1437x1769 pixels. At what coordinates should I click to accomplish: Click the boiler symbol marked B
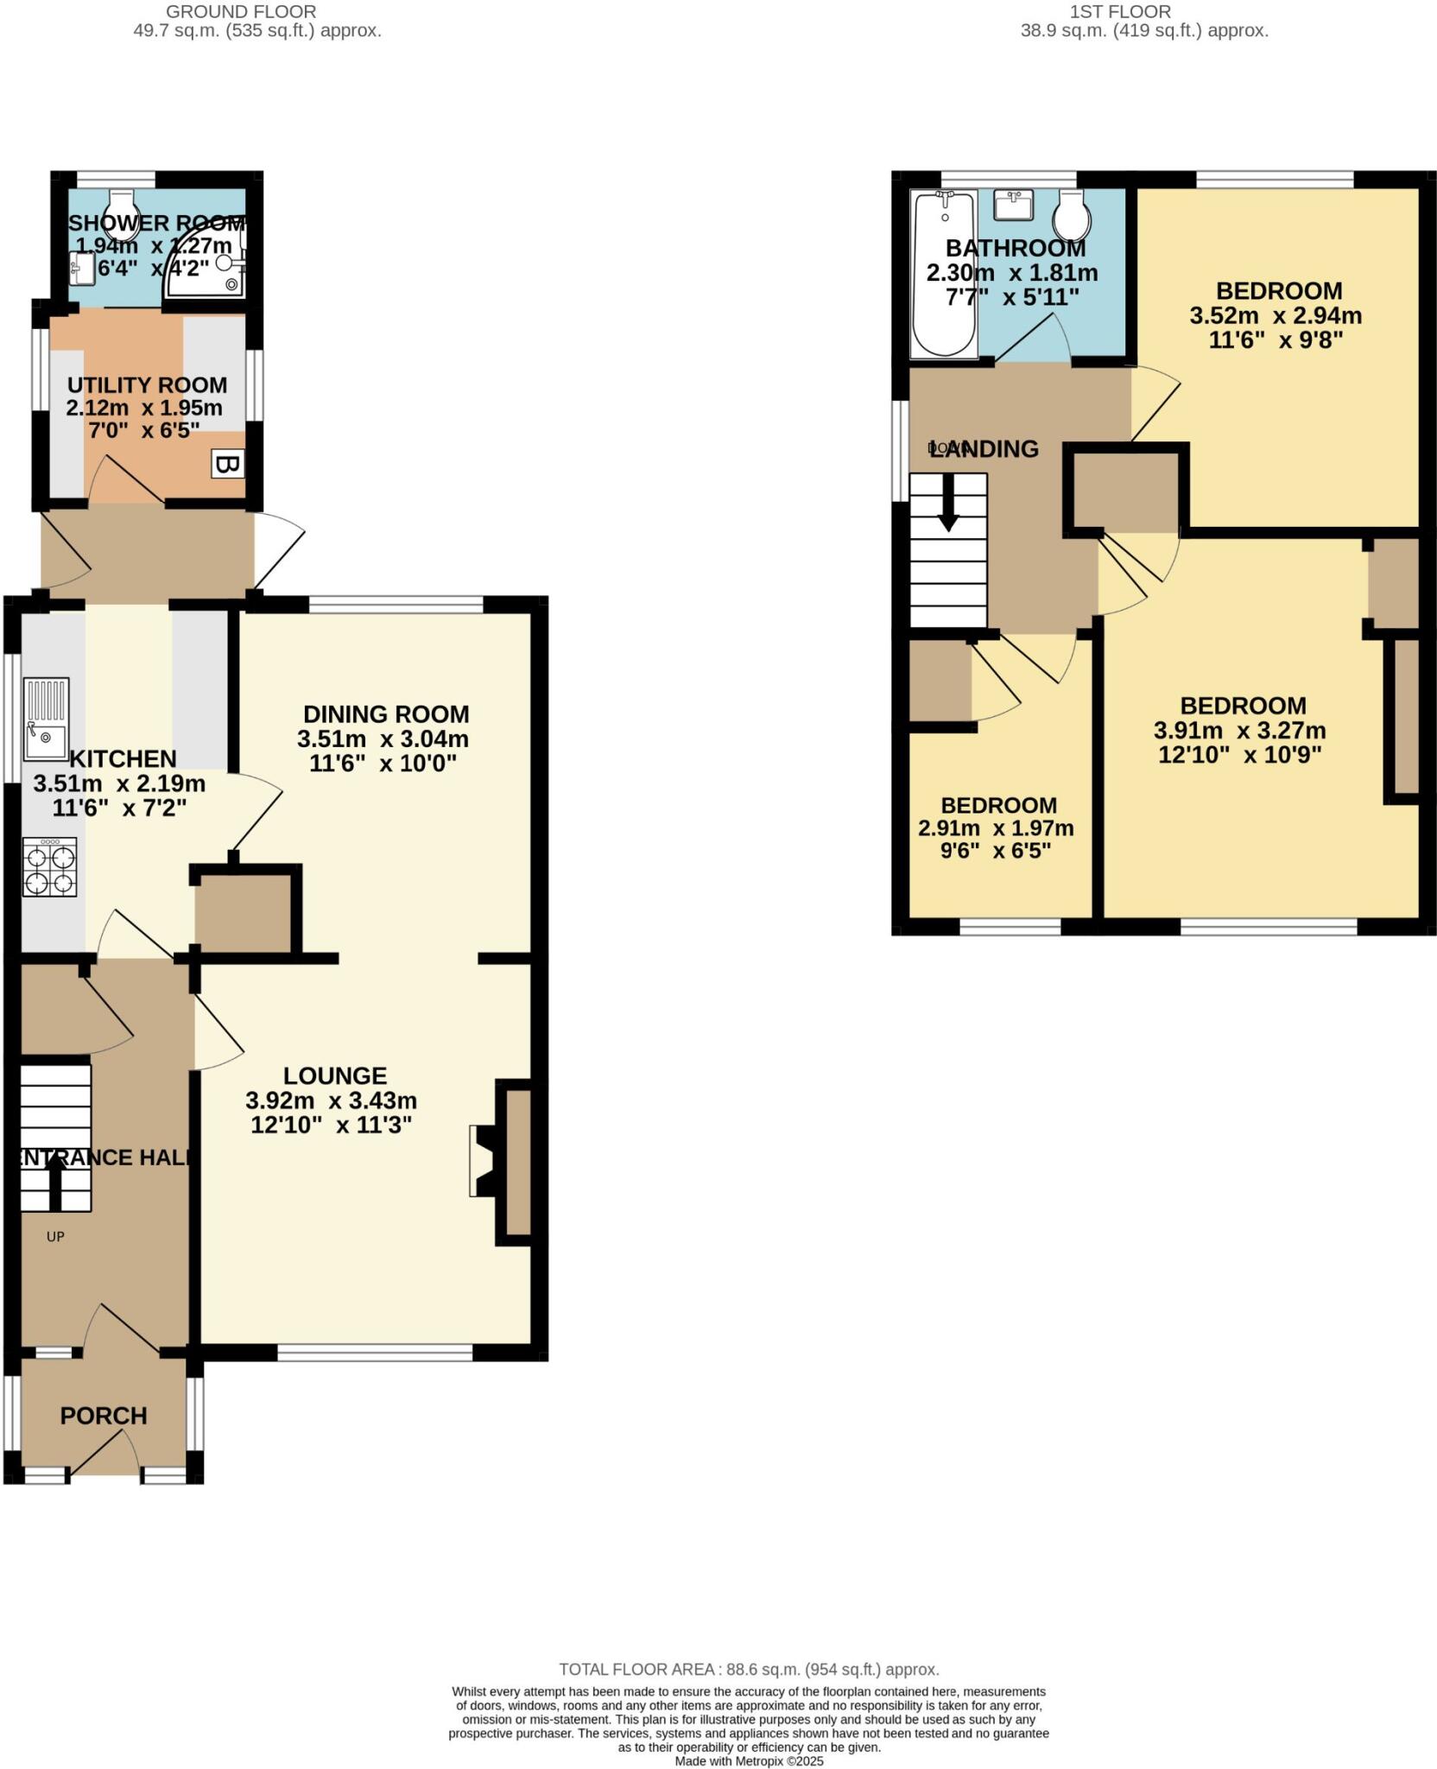pyautogui.click(x=227, y=466)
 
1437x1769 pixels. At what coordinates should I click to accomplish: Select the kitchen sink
pyautogui.click(x=46, y=719)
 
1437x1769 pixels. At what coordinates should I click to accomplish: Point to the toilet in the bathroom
pyautogui.click(x=1071, y=215)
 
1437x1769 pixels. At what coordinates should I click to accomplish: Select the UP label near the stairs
pyautogui.click(x=55, y=1236)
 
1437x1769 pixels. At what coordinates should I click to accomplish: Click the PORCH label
pyautogui.click(x=104, y=1415)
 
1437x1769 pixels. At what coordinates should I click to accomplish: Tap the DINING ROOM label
pyautogui.click(x=386, y=714)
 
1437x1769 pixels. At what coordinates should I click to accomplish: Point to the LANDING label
pyautogui.click(x=984, y=449)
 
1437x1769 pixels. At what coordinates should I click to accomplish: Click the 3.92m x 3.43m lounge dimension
pyautogui.click(x=332, y=1100)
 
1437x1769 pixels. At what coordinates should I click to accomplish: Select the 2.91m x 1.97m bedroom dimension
pyautogui.click(x=996, y=828)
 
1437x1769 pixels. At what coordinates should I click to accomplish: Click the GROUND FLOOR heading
pyautogui.click(x=241, y=12)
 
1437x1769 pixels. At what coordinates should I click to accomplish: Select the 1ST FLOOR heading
pyautogui.click(x=1120, y=12)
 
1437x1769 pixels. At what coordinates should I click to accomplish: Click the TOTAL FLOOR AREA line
pyautogui.click(x=749, y=1670)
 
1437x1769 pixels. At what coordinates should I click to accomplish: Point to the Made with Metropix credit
pyautogui.click(x=749, y=1760)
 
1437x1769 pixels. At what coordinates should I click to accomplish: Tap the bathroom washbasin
pyautogui.click(x=1013, y=205)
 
